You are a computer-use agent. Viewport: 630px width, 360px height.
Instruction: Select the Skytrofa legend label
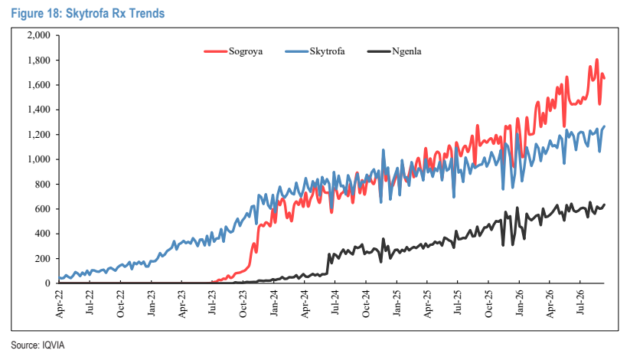(x=327, y=51)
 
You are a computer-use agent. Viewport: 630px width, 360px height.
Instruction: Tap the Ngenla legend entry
(x=406, y=51)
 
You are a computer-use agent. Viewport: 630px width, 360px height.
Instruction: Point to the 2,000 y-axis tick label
(x=38, y=35)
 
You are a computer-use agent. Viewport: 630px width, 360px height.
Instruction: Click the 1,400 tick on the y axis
(x=38, y=110)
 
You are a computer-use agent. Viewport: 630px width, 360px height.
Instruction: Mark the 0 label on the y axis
(x=47, y=283)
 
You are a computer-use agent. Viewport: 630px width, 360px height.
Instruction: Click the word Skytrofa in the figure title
(x=87, y=13)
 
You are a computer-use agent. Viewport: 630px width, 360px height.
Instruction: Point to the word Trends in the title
(x=147, y=13)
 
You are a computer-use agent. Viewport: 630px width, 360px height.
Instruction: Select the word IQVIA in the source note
(x=54, y=345)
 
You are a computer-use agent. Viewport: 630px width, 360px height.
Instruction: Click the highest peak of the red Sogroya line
(x=596, y=60)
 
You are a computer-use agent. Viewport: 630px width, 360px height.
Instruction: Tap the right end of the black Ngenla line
(x=604, y=205)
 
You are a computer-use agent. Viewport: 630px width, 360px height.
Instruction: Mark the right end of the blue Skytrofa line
(x=604, y=126)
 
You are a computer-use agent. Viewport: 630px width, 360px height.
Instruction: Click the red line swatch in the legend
(x=216, y=51)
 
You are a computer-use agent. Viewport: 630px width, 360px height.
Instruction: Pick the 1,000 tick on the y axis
(x=38, y=159)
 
